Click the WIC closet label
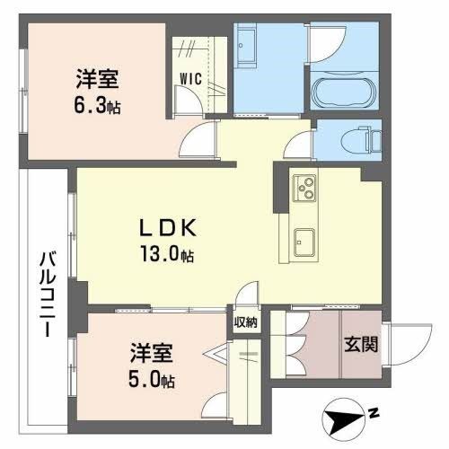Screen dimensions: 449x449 [190, 77]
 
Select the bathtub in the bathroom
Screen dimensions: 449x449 [346, 92]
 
